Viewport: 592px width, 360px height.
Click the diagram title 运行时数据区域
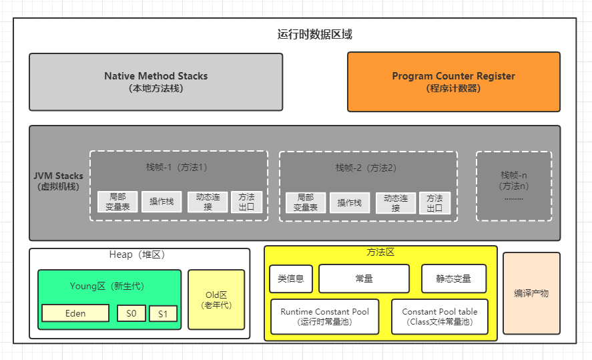click(x=314, y=35)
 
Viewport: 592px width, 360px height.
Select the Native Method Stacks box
click(x=156, y=81)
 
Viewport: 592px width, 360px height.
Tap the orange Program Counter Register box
click(x=453, y=81)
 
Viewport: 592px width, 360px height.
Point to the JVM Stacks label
click(x=59, y=181)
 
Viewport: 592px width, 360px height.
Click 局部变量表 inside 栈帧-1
click(x=117, y=202)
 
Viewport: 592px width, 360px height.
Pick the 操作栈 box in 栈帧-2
click(x=350, y=202)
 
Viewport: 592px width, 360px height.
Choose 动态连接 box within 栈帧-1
click(x=208, y=202)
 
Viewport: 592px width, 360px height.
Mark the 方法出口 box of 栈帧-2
click(x=434, y=202)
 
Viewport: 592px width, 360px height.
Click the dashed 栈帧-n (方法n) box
click(x=513, y=186)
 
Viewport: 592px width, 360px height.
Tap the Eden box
click(x=75, y=313)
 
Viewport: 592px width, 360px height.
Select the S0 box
click(x=131, y=313)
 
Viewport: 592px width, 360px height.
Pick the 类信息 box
click(x=291, y=279)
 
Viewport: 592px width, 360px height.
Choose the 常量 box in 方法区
click(x=364, y=279)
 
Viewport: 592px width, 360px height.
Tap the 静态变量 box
click(x=453, y=279)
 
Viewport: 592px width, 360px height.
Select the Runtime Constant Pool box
click(x=324, y=317)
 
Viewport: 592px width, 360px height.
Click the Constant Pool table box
click(x=439, y=317)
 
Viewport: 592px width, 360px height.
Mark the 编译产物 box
click(x=531, y=293)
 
